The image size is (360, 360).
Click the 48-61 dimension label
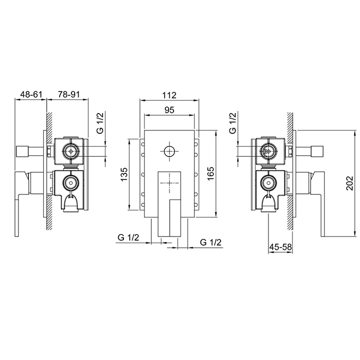[31, 94]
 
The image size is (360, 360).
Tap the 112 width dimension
[169, 95]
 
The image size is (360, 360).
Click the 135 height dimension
[124, 174]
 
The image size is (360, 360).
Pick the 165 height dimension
[210, 173]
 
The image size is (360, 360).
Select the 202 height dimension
[350, 183]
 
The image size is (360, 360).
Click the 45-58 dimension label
[280, 247]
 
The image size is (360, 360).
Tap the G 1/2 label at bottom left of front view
[129, 238]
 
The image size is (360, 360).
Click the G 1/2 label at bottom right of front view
[210, 242]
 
